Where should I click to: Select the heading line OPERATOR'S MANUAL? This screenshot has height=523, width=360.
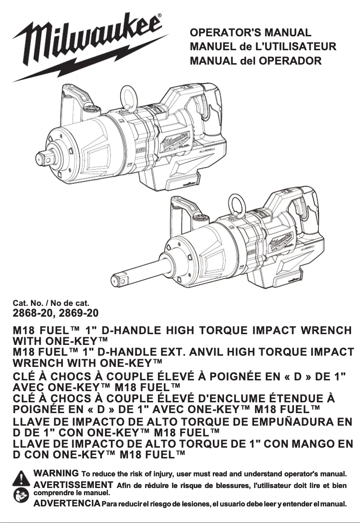(250, 33)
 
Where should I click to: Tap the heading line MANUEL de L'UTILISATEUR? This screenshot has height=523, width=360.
(263, 47)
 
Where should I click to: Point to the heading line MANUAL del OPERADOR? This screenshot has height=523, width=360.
(256, 60)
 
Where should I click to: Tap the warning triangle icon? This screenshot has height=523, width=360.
(21, 479)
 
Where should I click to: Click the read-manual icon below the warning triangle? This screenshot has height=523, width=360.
(21, 496)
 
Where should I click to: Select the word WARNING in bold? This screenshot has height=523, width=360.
(57, 473)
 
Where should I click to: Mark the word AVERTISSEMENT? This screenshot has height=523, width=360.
(73, 484)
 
